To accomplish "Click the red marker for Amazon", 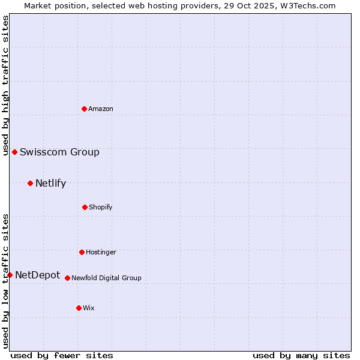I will (x=84, y=109).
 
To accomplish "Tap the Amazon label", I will (x=101, y=109).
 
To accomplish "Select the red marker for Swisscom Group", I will (x=14, y=152).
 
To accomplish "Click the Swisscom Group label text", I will (x=59, y=152).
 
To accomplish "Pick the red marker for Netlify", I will (x=30, y=183).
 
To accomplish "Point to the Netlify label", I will (x=50, y=184).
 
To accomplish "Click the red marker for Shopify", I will (x=85, y=207).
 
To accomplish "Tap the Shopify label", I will (x=101, y=208).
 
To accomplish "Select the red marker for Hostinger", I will (x=82, y=252).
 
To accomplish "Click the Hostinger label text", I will (x=101, y=253).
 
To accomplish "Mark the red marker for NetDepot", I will (x=10, y=275).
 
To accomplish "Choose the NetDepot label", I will (x=37, y=275).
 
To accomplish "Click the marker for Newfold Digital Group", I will (x=67, y=278).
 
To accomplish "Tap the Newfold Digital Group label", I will (x=106, y=278).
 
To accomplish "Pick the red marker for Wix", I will (x=79, y=308).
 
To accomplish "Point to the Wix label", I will (x=89, y=308).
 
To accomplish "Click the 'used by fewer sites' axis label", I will (x=62, y=355).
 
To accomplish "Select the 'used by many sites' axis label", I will (x=301, y=355).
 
